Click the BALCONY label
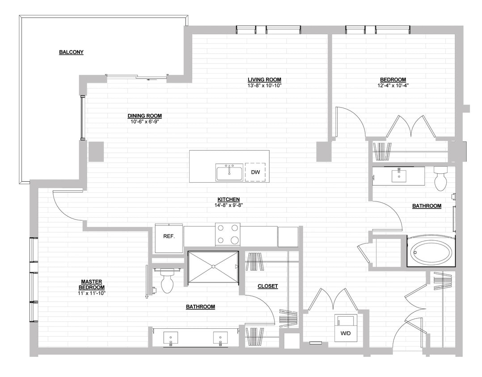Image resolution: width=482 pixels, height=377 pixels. point(71,52)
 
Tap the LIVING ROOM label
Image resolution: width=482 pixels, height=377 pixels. point(264,80)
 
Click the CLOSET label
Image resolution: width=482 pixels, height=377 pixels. point(267,286)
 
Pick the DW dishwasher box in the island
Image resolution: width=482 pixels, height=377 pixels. point(255,172)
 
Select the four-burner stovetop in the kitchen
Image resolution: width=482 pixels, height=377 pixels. point(228,235)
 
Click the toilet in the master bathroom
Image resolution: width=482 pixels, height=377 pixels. point(167,282)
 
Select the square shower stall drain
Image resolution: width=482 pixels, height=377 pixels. point(213,267)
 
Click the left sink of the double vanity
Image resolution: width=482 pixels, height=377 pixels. point(171,337)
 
